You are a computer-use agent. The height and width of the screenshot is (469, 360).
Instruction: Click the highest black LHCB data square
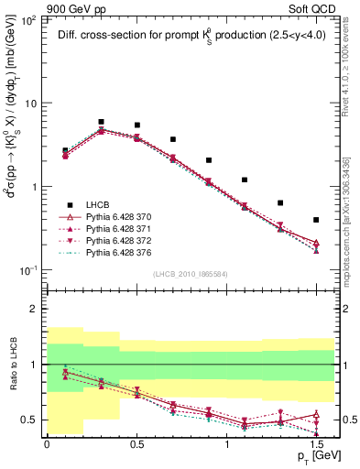[101, 122]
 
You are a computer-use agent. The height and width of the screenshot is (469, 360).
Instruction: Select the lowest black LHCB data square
[316, 220]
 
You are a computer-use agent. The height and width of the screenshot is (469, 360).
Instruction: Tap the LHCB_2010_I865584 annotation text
[191, 274]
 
